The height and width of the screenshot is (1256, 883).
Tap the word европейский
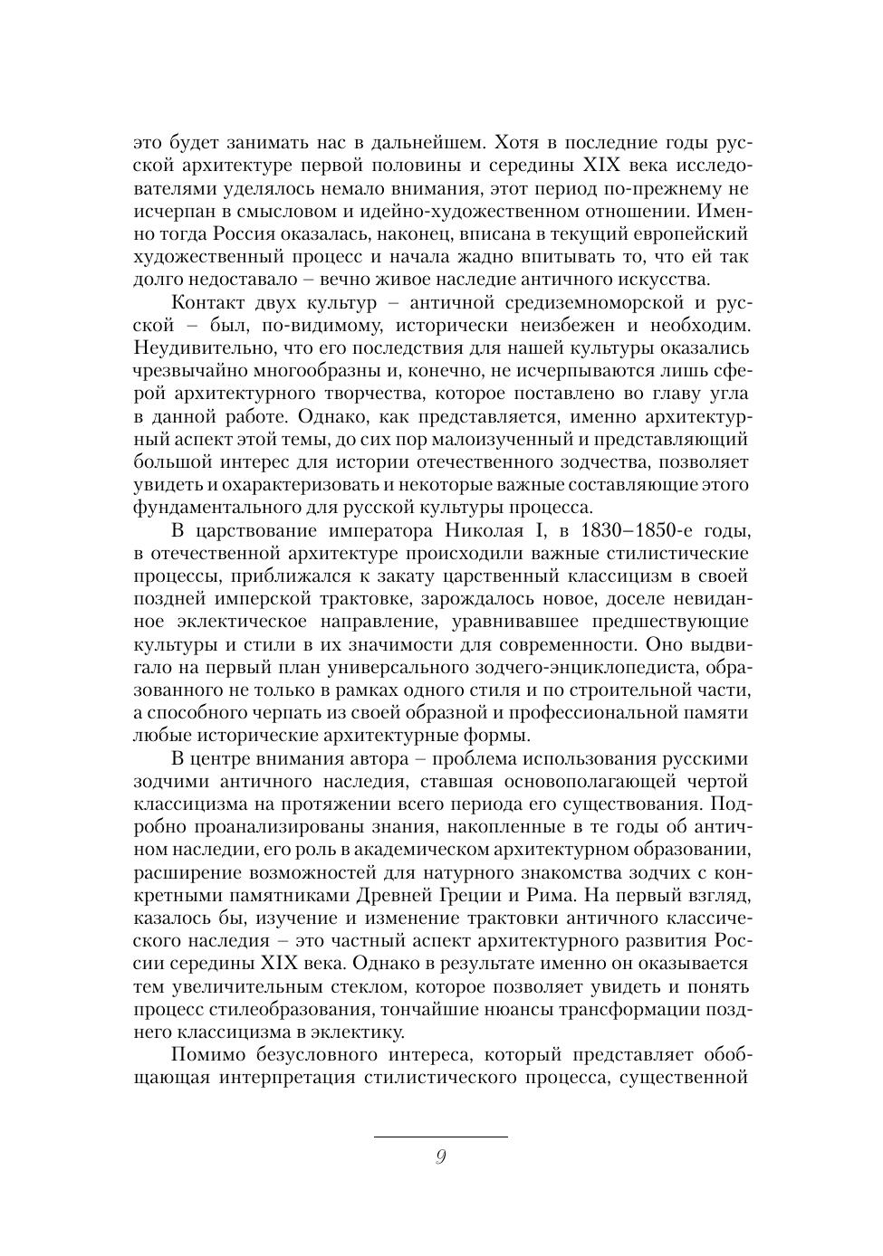click(696, 234)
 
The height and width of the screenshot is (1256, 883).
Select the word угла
click(728, 394)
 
